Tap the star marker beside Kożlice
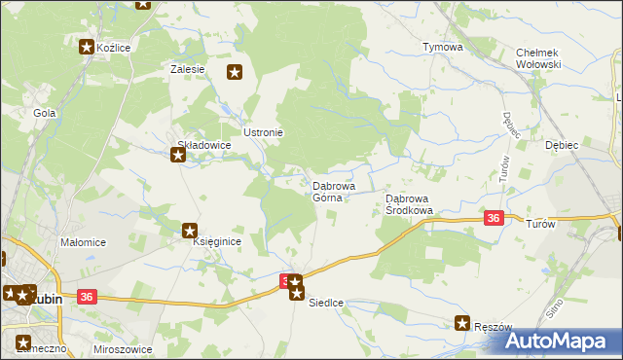click(87, 46)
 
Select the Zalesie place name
click(187, 69)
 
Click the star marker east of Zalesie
click(235, 71)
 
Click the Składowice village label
click(203, 144)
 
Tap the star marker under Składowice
click(179, 153)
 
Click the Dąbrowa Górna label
click(332, 191)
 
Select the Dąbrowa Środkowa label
click(409, 203)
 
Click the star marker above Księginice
click(191, 231)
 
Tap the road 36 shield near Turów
click(494, 219)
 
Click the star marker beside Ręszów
click(463, 324)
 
